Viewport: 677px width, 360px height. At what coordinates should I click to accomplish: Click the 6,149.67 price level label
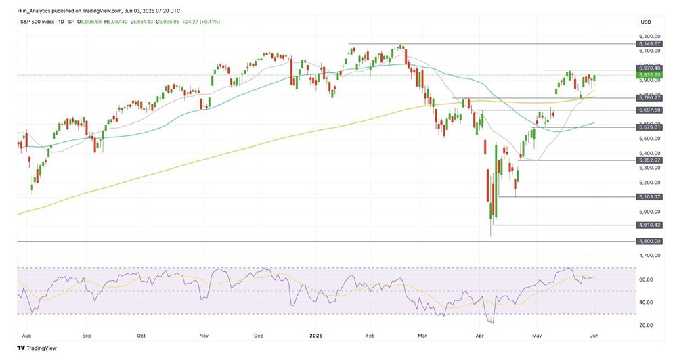[649, 43]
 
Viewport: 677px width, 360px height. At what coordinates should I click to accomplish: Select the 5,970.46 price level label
[649, 68]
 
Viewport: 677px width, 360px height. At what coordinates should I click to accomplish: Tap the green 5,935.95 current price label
[649, 75]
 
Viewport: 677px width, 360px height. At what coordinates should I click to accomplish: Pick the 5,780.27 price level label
[649, 97]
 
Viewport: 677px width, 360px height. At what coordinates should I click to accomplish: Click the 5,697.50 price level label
[649, 110]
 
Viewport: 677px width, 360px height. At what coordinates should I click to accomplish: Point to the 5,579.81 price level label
[649, 127]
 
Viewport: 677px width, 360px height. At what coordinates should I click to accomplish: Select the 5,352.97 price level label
[649, 160]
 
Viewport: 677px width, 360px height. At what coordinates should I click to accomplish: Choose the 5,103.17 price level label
[649, 197]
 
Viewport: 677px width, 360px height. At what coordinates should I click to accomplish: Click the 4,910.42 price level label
[649, 225]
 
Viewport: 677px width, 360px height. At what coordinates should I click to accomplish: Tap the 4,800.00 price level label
[649, 241]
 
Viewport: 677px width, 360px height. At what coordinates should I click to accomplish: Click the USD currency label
[645, 22]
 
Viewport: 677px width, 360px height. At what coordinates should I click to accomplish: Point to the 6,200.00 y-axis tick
[649, 36]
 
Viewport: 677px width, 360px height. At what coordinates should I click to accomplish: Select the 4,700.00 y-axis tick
[649, 256]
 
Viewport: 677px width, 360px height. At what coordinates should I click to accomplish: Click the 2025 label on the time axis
[318, 335]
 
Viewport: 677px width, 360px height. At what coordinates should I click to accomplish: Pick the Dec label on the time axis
[259, 335]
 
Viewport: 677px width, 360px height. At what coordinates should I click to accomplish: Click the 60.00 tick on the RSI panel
[645, 279]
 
